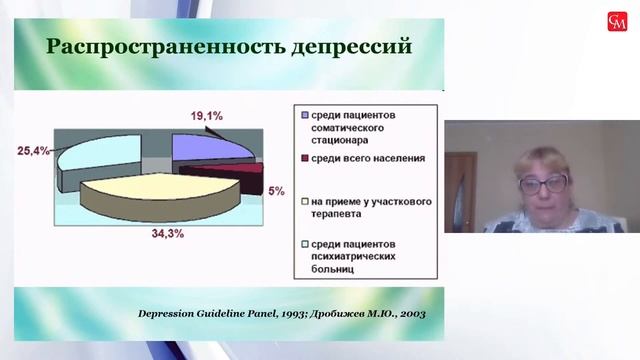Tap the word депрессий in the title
point(336,47)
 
